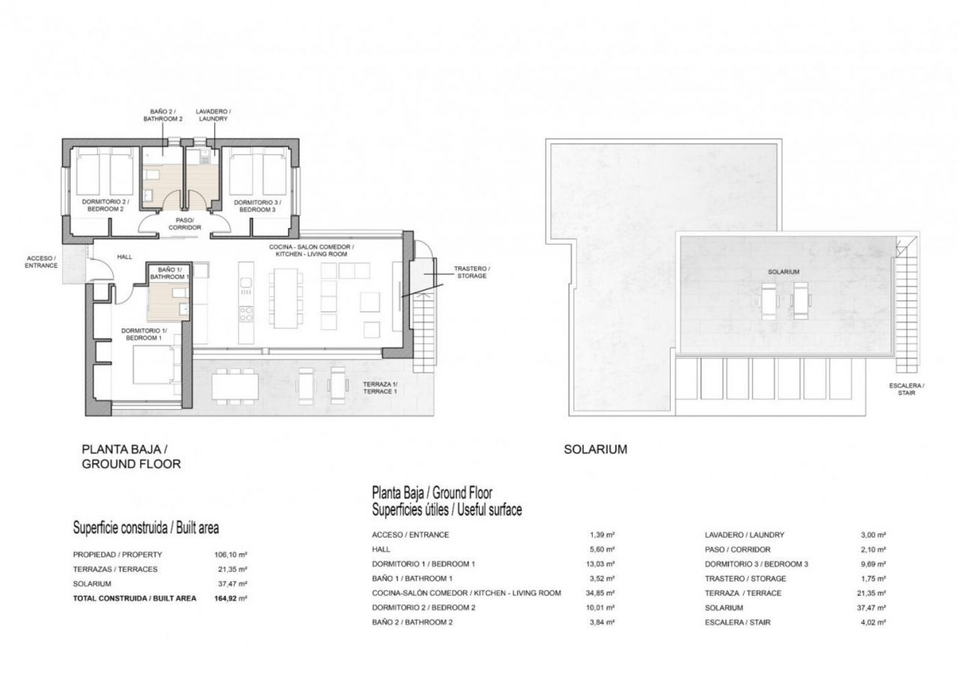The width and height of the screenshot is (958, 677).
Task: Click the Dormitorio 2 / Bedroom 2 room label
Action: click(106, 205)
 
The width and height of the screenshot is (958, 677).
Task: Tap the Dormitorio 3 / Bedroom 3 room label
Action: click(257, 206)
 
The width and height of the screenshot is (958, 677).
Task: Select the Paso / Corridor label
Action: click(185, 224)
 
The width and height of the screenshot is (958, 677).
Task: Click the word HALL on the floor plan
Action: click(125, 257)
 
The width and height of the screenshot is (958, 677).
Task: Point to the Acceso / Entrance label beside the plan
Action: click(41, 262)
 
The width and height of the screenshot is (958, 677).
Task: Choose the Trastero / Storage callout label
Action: click(472, 272)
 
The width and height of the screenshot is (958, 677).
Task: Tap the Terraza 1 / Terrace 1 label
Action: click(380, 387)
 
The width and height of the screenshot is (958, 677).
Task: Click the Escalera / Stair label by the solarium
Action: click(906, 389)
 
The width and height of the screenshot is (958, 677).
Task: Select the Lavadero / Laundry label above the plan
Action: click(213, 115)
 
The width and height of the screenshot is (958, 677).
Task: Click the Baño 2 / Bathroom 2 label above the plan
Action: click(163, 115)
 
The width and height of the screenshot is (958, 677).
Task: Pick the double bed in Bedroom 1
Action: click(153, 365)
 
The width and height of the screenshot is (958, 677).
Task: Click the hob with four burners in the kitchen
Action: click(246, 314)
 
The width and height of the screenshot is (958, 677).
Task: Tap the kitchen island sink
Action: click(246, 283)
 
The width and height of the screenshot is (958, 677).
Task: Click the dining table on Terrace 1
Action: click(235, 387)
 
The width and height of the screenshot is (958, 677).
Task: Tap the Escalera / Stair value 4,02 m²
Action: click(873, 622)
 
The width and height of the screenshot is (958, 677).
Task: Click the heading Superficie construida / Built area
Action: click(146, 528)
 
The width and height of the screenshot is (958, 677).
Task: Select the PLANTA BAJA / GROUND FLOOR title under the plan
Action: click(131, 456)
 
